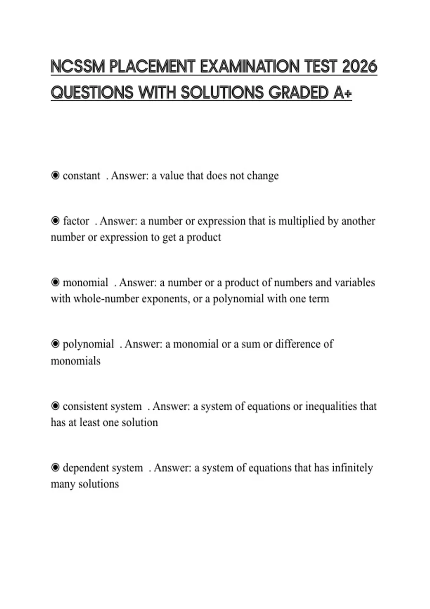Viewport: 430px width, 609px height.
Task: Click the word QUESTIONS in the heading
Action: pos(92,93)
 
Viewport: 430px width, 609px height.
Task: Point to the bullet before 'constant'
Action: pos(55,176)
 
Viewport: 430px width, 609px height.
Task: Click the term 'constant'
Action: pos(81,176)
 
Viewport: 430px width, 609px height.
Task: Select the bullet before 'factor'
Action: pos(55,221)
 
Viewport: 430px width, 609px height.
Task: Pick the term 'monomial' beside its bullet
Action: pos(85,282)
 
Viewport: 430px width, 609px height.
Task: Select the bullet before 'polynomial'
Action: pos(55,344)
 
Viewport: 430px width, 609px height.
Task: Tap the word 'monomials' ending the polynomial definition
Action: pos(76,361)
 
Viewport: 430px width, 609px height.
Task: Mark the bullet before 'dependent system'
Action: pos(55,467)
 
